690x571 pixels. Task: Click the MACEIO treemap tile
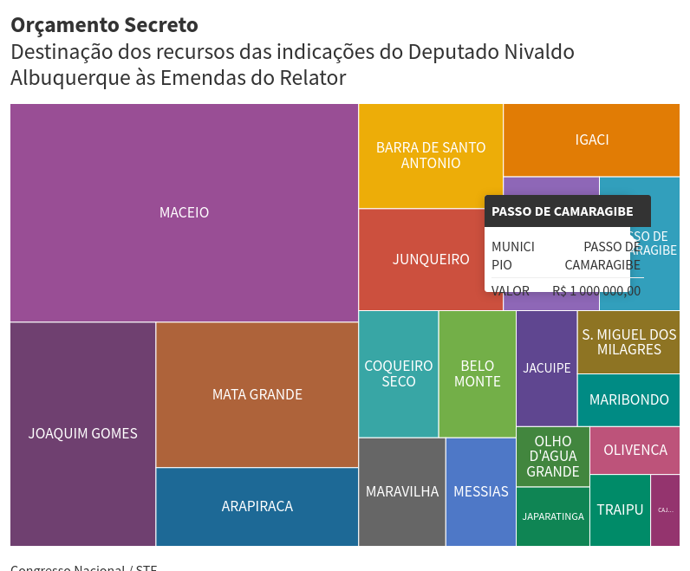tap(184, 212)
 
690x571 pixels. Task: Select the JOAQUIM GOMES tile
tap(82, 433)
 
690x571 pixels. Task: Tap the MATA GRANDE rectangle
tap(257, 394)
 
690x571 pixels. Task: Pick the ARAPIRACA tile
tap(257, 506)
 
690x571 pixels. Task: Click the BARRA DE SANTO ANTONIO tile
tap(431, 155)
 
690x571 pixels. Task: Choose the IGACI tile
tap(591, 140)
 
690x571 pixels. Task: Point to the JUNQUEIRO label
tap(431, 259)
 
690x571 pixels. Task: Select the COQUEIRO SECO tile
tap(398, 373)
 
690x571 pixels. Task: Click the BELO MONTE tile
tap(478, 373)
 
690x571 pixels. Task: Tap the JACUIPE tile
tap(546, 368)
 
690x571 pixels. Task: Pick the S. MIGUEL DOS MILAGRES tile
tap(628, 342)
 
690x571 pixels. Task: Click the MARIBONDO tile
tap(628, 399)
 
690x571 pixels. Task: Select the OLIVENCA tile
tap(635, 451)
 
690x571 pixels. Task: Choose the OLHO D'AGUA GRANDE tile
tap(552, 457)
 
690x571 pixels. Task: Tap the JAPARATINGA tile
tap(552, 516)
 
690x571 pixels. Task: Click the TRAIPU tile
tap(620, 509)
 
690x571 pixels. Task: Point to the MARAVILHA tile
tap(401, 491)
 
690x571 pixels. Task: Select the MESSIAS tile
tap(480, 491)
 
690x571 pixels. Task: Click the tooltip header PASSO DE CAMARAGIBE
tap(567, 211)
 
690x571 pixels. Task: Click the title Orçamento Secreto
tap(104, 26)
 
